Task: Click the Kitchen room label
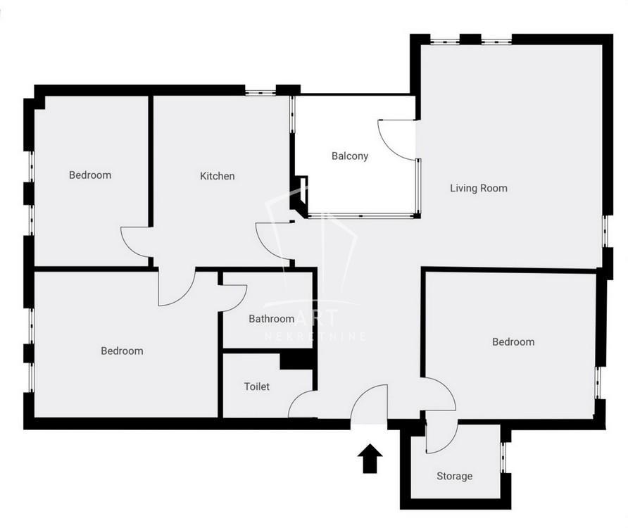click(217, 176)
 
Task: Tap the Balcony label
click(350, 156)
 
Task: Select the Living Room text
click(479, 188)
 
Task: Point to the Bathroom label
click(272, 318)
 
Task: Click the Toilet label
click(257, 386)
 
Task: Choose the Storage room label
click(454, 476)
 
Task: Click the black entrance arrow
click(370, 458)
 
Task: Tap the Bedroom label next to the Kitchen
click(90, 175)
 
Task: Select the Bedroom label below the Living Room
click(513, 341)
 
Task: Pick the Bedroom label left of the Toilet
click(122, 351)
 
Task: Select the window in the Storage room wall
click(504, 458)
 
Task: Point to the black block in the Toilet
click(296, 361)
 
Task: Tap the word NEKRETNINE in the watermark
click(315, 336)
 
